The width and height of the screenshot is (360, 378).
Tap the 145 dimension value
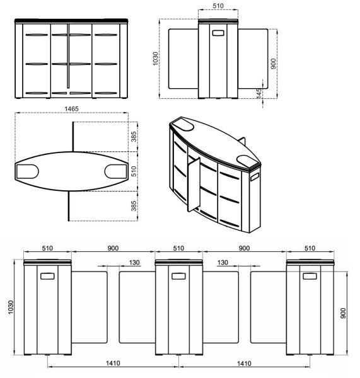click(x=259, y=93)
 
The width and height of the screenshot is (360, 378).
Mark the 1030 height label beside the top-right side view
click(x=156, y=58)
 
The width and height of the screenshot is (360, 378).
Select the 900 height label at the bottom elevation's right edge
click(x=344, y=313)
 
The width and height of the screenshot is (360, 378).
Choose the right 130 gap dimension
click(x=223, y=262)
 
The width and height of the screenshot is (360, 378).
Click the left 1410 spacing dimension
click(x=114, y=363)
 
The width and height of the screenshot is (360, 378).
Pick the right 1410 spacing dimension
click(x=244, y=363)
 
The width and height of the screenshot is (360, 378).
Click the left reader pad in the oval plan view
click(x=27, y=170)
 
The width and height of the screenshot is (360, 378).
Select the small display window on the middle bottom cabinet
click(x=178, y=275)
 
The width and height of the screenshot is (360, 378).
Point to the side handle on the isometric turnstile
click(x=254, y=178)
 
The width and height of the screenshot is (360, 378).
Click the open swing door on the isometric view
click(x=193, y=183)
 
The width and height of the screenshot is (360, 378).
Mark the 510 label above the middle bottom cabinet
click(x=178, y=248)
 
